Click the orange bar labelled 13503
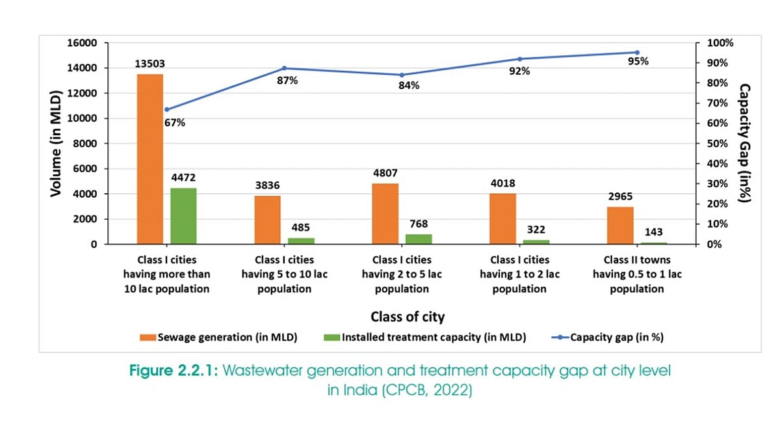(150, 159)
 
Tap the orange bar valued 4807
(385, 214)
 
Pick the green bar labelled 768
(418, 239)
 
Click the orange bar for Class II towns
(620, 226)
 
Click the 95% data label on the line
(638, 61)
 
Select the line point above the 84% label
(402, 75)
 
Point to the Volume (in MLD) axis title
(56, 144)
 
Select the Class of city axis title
(408, 317)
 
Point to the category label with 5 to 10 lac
(284, 274)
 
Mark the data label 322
(536, 230)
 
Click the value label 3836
(268, 185)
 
